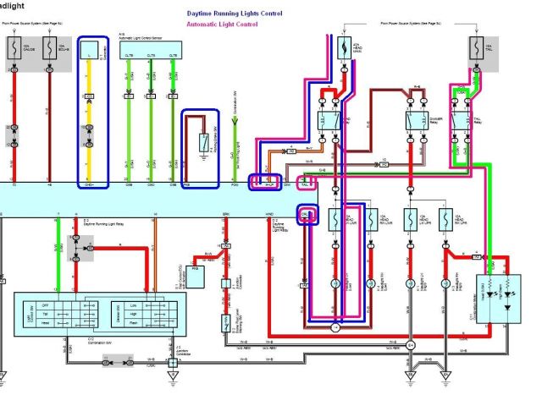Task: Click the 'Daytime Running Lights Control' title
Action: point(234,14)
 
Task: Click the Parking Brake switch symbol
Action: point(202,139)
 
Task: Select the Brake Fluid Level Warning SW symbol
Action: point(227,322)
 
